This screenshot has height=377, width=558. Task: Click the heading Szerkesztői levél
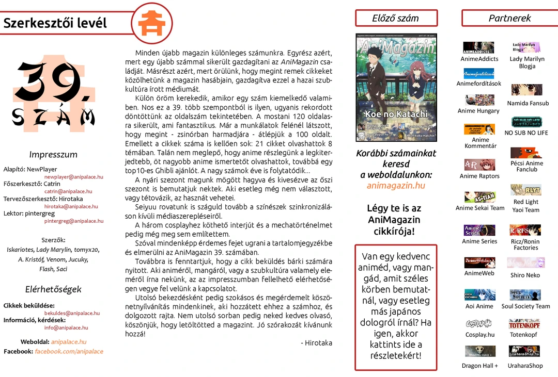pos(55,23)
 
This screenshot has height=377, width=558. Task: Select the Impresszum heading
pos(53,155)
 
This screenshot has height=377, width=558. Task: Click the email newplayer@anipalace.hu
pos(74,177)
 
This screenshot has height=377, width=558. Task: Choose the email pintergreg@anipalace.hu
pos(74,221)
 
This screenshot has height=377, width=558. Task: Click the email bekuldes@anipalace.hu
pos(72,313)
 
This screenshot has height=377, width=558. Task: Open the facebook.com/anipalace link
pos(69,352)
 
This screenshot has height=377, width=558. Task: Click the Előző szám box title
pos(396,18)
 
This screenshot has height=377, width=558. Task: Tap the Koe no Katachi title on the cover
pos(396,114)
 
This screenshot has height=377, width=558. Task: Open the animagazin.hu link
pos(396,186)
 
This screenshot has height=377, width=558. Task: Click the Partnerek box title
pos(509,18)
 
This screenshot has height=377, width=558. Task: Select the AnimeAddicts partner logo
pos(478,47)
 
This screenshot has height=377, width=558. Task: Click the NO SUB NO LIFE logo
pos(526,122)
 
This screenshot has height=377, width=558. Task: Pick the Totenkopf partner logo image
pos(524,324)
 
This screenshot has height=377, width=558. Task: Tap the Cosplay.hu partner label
pos(479,335)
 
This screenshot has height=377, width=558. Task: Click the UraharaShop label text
pos(525,366)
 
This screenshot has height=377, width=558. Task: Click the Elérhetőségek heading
pos(53,289)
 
